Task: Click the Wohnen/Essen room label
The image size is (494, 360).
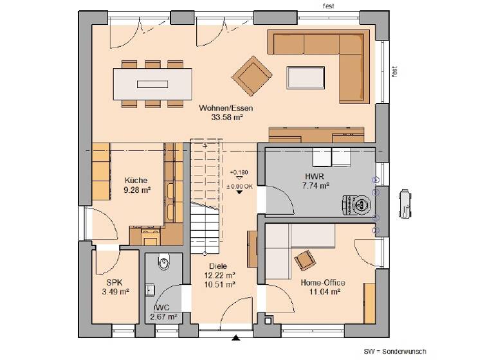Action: point(225,109)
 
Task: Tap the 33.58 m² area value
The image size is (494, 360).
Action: point(225,118)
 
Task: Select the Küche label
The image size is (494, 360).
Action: point(136,181)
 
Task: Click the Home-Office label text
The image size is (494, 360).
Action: point(322,282)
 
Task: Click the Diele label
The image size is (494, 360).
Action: point(219,266)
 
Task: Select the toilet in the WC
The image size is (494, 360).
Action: point(164,263)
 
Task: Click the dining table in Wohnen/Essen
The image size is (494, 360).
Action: point(152,84)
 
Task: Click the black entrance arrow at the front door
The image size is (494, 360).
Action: point(237,337)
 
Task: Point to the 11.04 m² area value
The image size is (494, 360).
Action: point(322,291)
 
